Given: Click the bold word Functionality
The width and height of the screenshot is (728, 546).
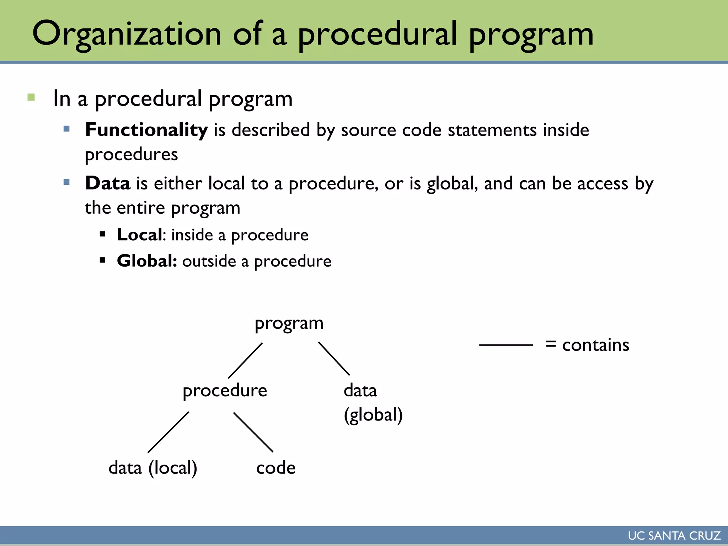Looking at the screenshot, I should point(146,130).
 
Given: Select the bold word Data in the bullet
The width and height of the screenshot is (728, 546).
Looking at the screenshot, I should point(108,183).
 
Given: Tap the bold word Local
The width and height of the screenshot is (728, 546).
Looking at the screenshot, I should point(140,235).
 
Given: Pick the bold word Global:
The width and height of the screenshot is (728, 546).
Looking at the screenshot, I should point(147,261).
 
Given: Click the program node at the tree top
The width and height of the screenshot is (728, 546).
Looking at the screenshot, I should point(289,323).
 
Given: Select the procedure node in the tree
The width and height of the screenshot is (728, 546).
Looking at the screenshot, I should point(225,391).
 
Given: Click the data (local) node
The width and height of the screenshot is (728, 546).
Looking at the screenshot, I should point(153,468).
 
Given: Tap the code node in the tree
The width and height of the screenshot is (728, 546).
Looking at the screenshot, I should point(276,468).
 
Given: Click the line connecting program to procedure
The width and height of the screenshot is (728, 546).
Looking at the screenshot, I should point(245,360).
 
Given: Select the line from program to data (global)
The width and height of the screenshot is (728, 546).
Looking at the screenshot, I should point(334,359).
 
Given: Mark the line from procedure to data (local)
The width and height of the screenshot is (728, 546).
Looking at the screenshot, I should point(168,432).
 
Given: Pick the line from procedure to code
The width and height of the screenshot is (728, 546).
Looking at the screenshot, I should point(253,432).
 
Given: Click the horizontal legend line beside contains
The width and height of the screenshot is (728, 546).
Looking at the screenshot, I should point(506,345).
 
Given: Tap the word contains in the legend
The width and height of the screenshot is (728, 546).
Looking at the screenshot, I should point(596,345).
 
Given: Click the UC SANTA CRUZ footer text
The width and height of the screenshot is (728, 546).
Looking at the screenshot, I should point(674,536).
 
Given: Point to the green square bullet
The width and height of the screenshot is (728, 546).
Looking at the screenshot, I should point(31,97).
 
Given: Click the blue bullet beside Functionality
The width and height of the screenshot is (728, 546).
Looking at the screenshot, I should point(66,129).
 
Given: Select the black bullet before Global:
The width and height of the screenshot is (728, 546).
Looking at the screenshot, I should point(103,261).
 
